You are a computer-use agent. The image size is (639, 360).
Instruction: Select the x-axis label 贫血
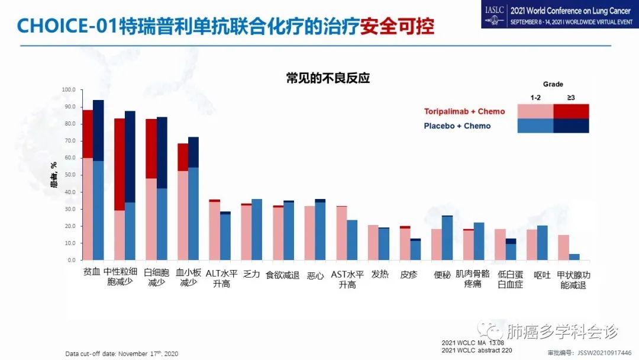click(92, 275)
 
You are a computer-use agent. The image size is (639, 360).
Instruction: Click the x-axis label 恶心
click(315, 275)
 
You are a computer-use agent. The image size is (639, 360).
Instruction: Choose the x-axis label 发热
click(379, 275)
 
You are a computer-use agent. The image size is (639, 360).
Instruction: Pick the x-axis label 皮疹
click(409, 275)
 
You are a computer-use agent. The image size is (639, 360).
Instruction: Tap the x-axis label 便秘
click(442, 275)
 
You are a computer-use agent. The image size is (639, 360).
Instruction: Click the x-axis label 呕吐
click(542, 275)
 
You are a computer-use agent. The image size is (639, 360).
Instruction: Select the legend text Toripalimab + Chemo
click(464, 111)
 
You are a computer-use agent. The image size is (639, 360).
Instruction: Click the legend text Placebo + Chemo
click(457, 126)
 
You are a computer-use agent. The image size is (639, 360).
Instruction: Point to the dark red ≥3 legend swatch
click(571, 111)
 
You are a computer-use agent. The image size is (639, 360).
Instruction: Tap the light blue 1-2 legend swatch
click(535, 126)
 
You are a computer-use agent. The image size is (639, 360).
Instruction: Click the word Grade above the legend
click(553, 84)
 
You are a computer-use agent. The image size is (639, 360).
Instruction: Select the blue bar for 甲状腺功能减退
click(574, 257)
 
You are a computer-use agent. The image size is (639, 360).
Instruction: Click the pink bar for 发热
click(373, 242)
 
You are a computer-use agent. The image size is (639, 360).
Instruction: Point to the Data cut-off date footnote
click(121, 353)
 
